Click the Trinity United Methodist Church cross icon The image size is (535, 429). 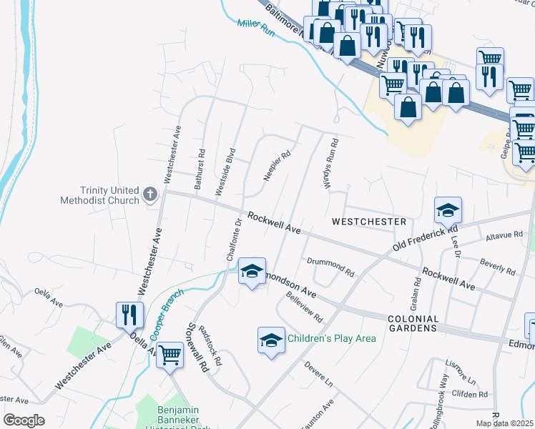pos(150,194)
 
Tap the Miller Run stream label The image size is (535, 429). pos(256,27)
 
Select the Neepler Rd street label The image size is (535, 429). pos(277,165)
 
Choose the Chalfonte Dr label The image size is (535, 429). pos(234,239)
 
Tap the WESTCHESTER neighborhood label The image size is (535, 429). pos(368,222)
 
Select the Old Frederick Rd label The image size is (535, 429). pos(424,240)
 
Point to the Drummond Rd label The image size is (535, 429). pos(330,267)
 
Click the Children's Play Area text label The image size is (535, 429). pos(331,338)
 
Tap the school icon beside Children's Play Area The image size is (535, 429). pos(271,338)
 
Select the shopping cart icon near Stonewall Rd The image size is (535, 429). pos(170,354)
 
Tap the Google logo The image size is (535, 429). pos(24,420)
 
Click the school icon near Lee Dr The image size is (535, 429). pos(448,209)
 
